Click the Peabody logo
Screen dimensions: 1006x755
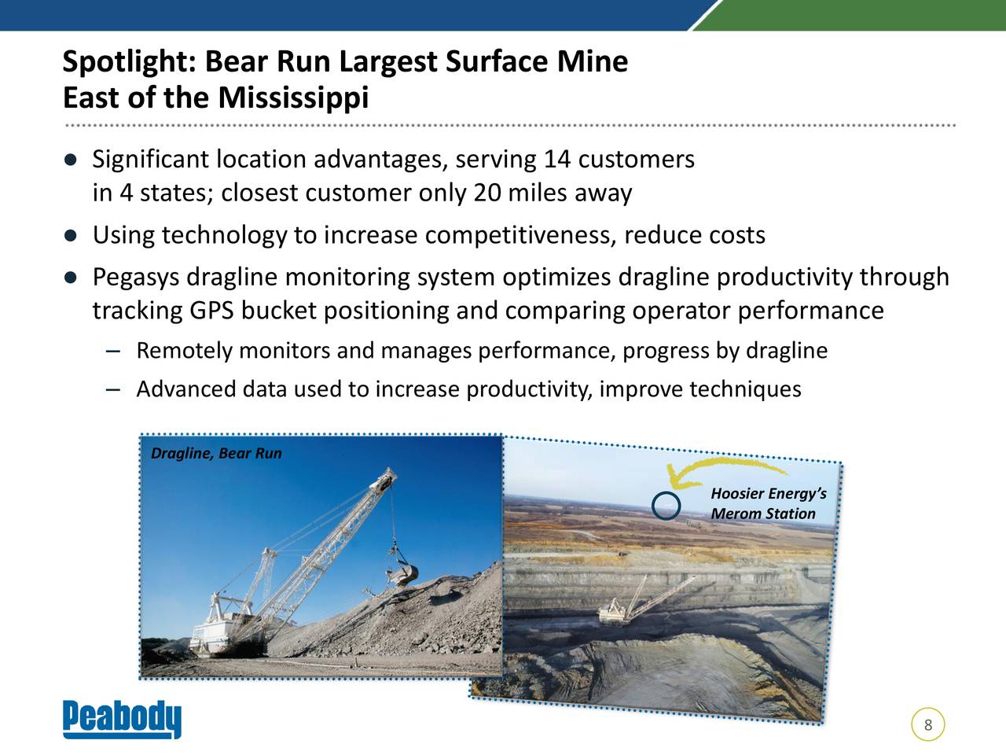click(x=122, y=719)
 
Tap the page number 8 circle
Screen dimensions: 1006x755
click(x=928, y=725)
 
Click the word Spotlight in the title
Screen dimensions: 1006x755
click(x=129, y=62)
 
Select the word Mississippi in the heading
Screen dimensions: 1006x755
click(x=293, y=98)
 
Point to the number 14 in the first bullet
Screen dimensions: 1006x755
click(x=557, y=160)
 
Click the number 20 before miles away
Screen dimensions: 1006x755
click(x=487, y=193)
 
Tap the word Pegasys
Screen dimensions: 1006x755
click(x=136, y=278)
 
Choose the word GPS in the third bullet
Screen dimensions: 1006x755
click(x=211, y=311)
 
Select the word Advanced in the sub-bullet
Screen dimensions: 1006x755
click(x=186, y=389)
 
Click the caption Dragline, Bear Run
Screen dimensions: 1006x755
click(x=216, y=453)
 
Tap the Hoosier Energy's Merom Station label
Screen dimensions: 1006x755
click(x=769, y=503)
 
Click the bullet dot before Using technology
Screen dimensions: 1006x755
click(x=71, y=236)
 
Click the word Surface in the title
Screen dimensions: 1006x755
click(x=497, y=62)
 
